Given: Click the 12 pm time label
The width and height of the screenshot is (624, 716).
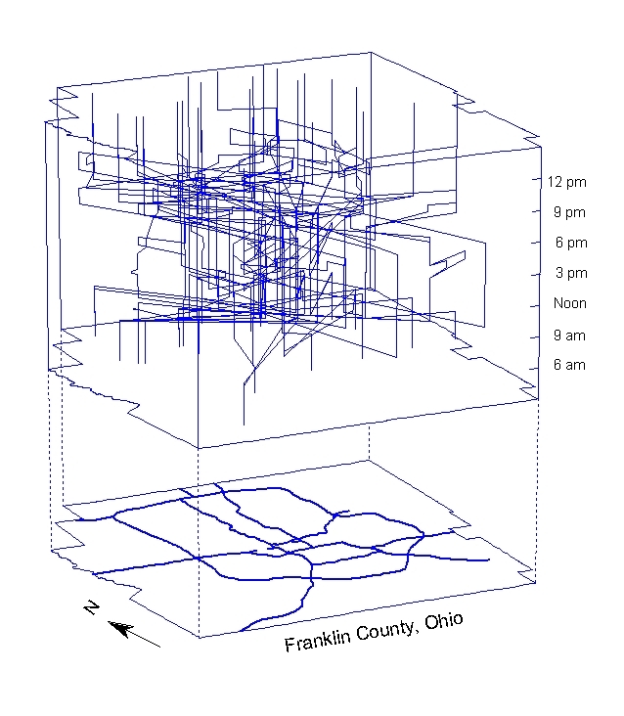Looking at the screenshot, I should (x=566, y=182).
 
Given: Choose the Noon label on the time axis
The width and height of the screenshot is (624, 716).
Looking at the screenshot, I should (x=569, y=303).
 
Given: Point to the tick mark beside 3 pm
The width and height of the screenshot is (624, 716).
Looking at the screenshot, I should (x=538, y=272).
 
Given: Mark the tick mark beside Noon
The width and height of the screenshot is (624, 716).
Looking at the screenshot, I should (x=538, y=304).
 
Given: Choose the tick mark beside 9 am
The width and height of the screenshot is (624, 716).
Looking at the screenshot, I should (x=538, y=336).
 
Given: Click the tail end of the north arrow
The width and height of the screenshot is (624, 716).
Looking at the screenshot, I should (x=159, y=647).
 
